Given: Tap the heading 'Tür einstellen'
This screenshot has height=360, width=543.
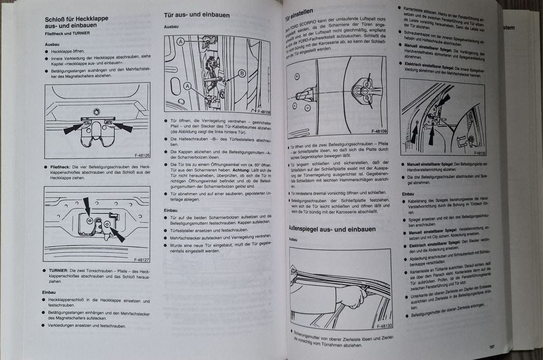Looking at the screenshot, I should [x=305, y=15].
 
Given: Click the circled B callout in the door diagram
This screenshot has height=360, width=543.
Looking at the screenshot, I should [x=241, y=73].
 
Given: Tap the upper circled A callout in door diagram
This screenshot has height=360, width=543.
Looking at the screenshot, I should [x=180, y=42].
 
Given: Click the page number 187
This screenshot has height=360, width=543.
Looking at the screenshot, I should [x=490, y=346].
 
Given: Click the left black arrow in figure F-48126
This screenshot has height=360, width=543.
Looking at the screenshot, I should [x=73, y=129].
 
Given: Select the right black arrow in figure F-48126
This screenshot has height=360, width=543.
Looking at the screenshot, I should [x=123, y=128].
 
